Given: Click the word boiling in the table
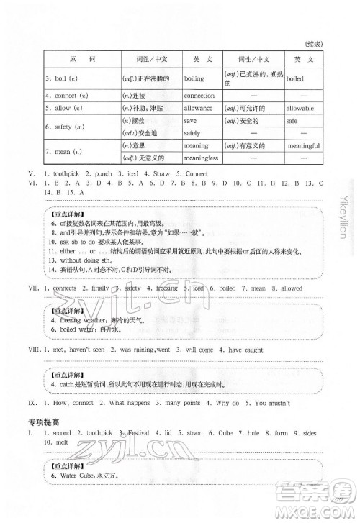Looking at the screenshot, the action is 194,78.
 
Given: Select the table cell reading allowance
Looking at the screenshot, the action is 199,108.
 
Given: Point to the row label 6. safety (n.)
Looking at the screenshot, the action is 64,127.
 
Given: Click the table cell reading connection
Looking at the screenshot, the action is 199,95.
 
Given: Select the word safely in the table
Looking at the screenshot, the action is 192,133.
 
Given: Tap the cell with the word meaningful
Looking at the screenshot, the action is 303,146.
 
